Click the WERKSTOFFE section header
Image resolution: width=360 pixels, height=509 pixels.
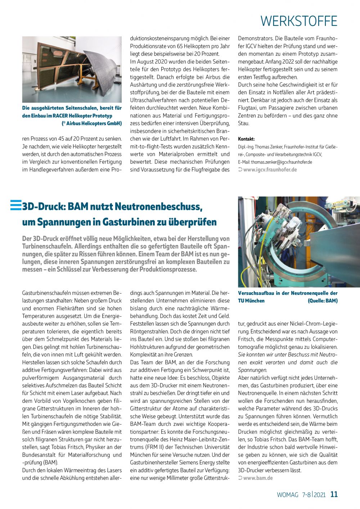299,21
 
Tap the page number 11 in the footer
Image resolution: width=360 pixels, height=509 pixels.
334,494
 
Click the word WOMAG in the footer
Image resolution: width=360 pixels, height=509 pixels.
287,495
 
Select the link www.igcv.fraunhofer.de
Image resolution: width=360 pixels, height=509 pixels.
270,170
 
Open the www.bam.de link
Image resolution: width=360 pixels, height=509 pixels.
258,478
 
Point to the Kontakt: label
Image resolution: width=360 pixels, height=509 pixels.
246,139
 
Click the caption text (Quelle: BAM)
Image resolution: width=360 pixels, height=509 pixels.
323,301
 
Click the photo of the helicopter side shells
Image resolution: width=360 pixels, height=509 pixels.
72,69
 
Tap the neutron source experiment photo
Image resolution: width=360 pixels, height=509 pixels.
299,242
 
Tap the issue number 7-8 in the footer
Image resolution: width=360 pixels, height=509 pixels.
306,495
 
